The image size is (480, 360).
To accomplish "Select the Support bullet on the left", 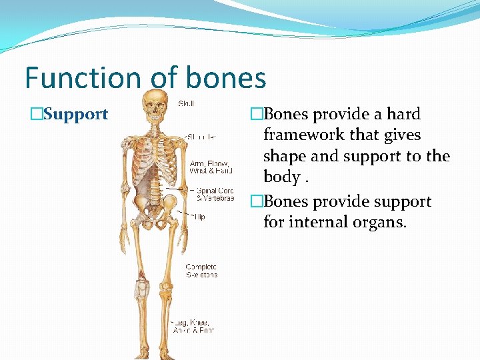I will [75, 114].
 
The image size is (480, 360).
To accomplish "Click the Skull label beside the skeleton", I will [186, 103].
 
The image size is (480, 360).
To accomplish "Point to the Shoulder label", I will [201, 137].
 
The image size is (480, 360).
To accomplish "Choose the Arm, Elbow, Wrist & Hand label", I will [211, 167].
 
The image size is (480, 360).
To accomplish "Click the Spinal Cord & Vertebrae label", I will [215, 194].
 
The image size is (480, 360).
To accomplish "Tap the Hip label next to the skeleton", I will [199, 217].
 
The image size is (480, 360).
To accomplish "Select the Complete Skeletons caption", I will [201, 271].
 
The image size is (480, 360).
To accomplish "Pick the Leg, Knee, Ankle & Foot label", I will [193, 326].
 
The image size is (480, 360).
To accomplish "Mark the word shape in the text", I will [285, 156].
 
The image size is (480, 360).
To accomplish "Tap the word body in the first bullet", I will [280, 177].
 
